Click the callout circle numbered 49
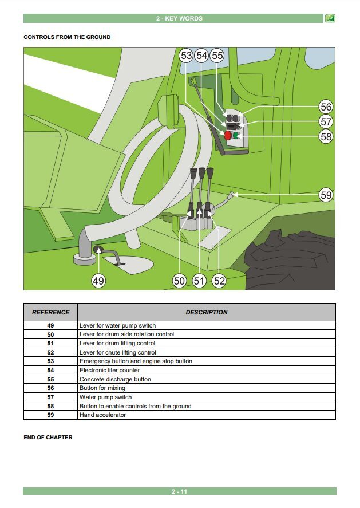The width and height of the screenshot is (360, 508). pyautogui.click(x=98, y=281)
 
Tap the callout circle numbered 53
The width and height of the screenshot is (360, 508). pyautogui.click(x=186, y=56)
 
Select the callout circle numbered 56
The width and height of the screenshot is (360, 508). pyautogui.click(x=326, y=107)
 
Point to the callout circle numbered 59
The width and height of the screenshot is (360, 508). pyautogui.click(x=326, y=195)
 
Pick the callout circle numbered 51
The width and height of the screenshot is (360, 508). pyautogui.click(x=199, y=281)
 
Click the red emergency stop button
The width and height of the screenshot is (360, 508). pyautogui.click(x=228, y=135)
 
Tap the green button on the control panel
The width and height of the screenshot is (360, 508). pyautogui.click(x=236, y=135)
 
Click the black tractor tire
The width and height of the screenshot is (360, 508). pyautogui.click(x=290, y=259)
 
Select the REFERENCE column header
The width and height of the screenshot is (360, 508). pyautogui.click(x=50, y=312)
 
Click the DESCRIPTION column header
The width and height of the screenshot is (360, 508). pyautogui.click(x=207, y=312)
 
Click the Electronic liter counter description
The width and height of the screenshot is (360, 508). pyautogui.click(x=109, y=370)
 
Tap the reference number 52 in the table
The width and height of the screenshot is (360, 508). pyautogui.click(x=50, y=352)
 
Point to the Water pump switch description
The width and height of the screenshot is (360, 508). pyautogui.click(x=105, y=397)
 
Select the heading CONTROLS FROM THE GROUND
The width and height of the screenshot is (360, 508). pyautogui.click(x=67, y=37)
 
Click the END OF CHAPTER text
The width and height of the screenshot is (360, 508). pyautogui.click(x=48, y=437)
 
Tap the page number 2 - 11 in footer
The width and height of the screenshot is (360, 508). pyautogui.click(x=179, y=491)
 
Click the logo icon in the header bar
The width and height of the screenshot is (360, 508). pyautogui.click(x=330, y=18)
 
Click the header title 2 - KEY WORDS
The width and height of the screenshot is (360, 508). pyautogui.click(x=179, y=18)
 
